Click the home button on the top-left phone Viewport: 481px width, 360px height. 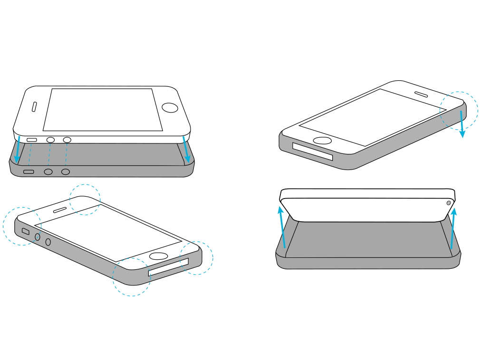[170, 107]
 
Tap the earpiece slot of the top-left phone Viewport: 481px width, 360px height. [34, 107]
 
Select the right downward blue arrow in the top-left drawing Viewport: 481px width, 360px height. [186, 149]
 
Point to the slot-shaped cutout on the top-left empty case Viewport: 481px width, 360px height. [29, 171]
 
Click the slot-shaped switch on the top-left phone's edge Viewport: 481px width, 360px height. [32, 140]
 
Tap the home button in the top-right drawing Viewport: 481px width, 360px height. [323, 141]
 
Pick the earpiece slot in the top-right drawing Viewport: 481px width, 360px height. [421, 95]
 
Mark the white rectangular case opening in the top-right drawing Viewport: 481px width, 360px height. [312, 152]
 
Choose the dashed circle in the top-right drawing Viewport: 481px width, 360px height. [458, 111]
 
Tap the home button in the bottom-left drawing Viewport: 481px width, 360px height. [158, 256]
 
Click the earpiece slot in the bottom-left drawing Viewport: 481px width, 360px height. [59, 209]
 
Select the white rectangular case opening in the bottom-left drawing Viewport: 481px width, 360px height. [168, 267]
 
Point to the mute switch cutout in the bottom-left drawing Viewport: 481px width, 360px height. [26, 231]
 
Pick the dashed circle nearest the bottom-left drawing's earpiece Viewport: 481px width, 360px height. [85, 199]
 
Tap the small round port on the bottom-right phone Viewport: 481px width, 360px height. [448, 203]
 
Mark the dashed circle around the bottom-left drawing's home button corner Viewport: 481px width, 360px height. [196, 258]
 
